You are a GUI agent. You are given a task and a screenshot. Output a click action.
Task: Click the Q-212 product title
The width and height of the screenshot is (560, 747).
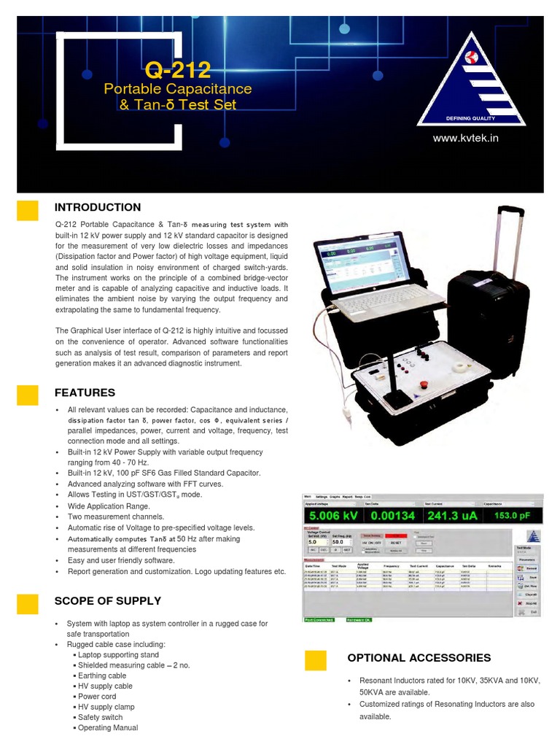(177, 70)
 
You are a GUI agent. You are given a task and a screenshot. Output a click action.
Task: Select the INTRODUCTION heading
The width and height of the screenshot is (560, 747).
(98, 208)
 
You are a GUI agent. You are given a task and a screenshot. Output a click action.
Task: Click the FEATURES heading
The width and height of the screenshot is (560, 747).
(85, 393)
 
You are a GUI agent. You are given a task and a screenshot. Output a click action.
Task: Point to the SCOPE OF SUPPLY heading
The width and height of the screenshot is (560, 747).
(108, 601)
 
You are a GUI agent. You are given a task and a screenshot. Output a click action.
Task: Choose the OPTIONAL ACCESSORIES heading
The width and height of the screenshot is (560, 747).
(419, 658)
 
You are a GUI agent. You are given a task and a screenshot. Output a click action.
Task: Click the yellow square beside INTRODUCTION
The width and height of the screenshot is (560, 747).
(28, 209)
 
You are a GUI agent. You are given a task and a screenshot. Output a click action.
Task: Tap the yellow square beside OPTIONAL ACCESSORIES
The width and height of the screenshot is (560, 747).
(315, 660)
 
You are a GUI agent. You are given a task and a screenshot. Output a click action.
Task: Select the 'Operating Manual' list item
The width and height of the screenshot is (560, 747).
(108, 728)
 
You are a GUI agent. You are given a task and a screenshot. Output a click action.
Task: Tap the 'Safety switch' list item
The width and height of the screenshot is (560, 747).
(101, 718)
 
